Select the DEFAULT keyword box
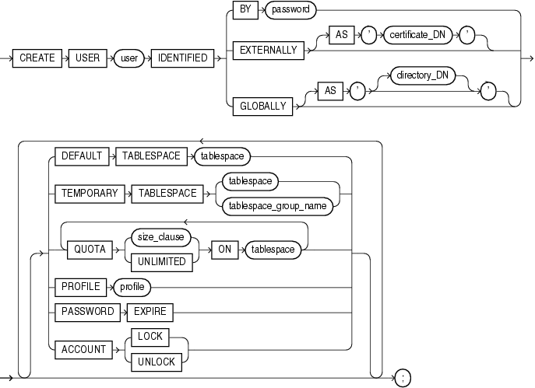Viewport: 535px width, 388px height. [x=81, y=156]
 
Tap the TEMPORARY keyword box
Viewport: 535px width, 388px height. [x=89, y=194]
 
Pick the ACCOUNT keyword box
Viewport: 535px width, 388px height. [x=83, y=350]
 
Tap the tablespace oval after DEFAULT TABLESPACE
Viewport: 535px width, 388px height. [x=224, y=156]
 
